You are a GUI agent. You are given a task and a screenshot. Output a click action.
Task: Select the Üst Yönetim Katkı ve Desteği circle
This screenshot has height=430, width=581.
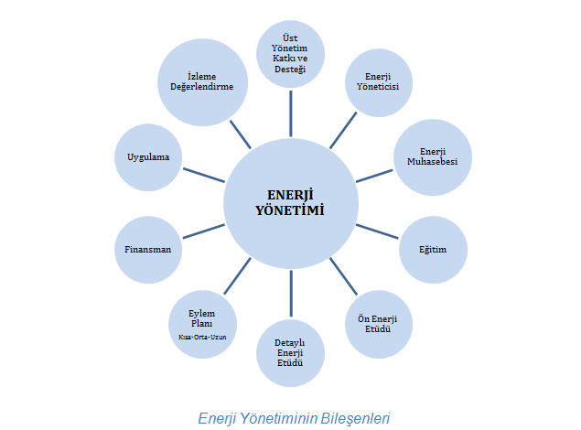pyautogui.click(x=291, y=53)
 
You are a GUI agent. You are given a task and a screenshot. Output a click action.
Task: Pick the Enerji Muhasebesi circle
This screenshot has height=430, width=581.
pyautogui.click(x=432, y=156)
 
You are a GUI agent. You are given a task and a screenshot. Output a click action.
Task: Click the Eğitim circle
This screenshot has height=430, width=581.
pyautogui.click(x=433, y=249)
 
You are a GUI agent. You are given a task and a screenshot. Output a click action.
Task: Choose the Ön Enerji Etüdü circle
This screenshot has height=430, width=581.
pyautogui.click(x=378, y=323)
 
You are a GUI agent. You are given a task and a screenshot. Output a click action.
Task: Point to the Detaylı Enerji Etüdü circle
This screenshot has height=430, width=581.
pyautogui.click(x=290, y=352)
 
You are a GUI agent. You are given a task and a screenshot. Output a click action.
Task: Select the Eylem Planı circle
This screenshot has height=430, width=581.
pyautogui.click(x=201, y=323)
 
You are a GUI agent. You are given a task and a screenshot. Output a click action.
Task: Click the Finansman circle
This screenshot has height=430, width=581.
pyautogui.click(x=148, y=249)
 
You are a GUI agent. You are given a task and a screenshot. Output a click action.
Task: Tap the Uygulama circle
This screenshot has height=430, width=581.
pyautogui.click(x=148, y=156)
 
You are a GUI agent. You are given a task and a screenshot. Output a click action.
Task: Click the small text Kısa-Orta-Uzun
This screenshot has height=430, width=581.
pyautogui.click(x=201, y=337)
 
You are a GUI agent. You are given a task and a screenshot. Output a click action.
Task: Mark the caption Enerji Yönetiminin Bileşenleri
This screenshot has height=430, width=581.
pyautogui.click(x=294, y=418)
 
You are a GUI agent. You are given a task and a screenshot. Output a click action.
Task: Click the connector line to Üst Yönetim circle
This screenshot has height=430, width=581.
pyautogui.click(x=291, y=111)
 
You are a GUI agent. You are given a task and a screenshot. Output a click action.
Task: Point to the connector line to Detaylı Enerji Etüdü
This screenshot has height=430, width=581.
pyautogui.click(x=291, y=293)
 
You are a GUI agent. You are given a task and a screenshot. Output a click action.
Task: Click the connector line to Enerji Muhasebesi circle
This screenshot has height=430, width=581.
pyautogui.click(x=375, y=175)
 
